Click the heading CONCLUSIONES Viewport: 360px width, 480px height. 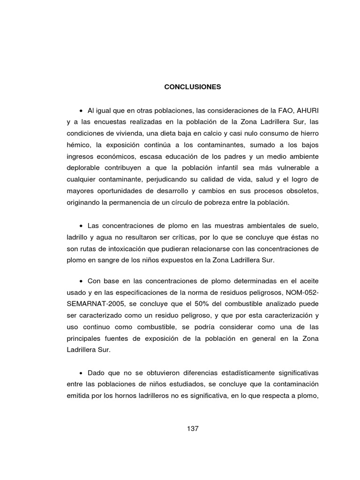192,87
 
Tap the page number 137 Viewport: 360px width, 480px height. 192,428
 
